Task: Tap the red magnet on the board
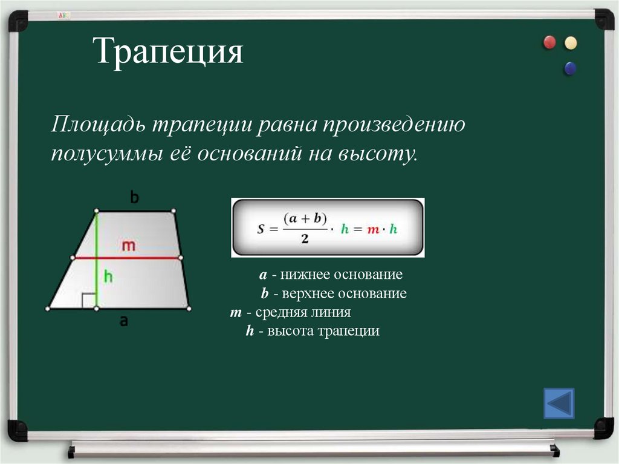[x=549, y=42]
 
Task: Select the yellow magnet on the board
[x=570, y=43]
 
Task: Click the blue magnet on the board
[x=569, y=68]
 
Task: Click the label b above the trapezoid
[x=134, y=197]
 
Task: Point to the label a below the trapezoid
[x=123, y=321]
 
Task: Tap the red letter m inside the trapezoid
[x=128, y=246]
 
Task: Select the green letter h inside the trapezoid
[x=108, y=276]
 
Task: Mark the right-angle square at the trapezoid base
[x=89, y=301]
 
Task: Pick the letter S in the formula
[x=261, y=229]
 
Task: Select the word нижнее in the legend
[x=303, y=275]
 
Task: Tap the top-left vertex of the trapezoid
[x=96, y=211]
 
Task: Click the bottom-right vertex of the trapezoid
[x=189, y=309]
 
